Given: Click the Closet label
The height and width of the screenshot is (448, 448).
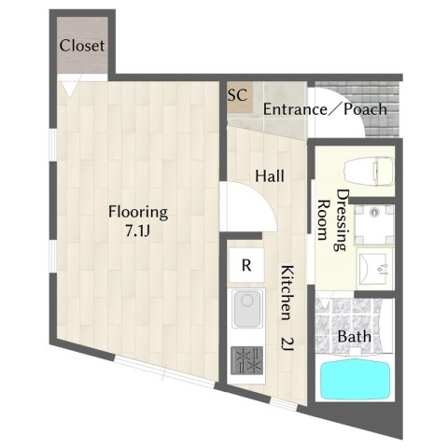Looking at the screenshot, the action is click(82, 46).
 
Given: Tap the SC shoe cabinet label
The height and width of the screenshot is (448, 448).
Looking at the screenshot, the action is click(238, 94).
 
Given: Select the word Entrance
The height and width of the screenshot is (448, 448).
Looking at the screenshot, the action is click(295, 109).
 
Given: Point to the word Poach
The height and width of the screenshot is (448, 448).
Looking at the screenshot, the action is click(365, 109).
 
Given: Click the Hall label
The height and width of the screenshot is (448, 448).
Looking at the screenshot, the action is click(270, 176).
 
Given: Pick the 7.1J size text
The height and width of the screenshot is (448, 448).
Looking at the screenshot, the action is click(138, 231).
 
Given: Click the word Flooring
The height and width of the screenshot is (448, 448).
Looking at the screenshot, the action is click(138, 213).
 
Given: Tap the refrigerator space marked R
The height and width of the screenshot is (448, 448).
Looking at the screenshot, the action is click(246, 265).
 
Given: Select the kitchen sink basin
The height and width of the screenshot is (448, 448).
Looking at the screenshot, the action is click(247, 308).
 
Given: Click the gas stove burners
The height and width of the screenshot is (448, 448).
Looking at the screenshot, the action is click(246, 361).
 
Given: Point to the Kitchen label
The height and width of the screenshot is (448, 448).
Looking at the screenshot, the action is click(287, 293).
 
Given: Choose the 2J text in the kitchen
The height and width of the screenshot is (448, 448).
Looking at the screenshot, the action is click(287, 344).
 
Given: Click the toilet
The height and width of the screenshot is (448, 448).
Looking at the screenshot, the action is click(369, 172).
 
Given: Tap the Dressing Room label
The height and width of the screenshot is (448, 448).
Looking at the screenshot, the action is click(332, 220).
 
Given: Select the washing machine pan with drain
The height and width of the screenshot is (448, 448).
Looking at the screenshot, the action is click(374, 224).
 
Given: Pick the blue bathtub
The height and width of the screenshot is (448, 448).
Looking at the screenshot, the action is click(356, 379).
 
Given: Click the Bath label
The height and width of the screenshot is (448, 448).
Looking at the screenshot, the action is click(354, 337).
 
